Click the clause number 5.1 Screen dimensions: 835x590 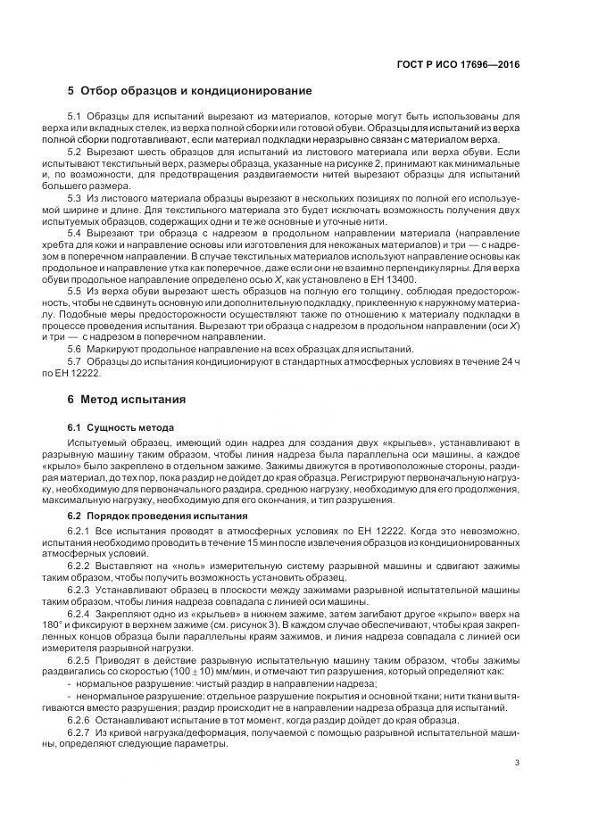pos(75,118)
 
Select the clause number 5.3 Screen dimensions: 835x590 pos(75,197)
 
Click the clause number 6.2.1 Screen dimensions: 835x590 pos(79,532)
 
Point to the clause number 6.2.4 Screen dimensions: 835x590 pos(79,613)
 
